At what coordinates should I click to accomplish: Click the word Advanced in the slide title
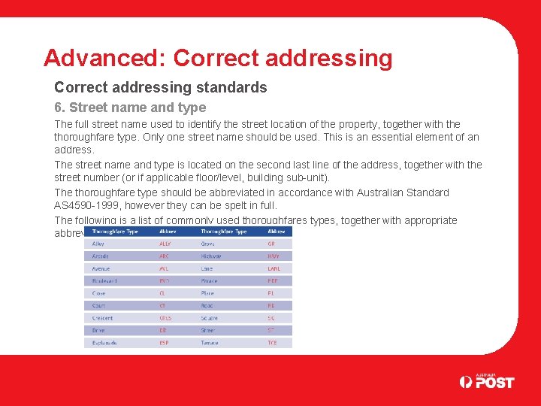tap(104, 58)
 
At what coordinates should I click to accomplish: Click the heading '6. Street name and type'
tap(130, 108)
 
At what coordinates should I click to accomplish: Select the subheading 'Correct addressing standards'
tap(161, 87)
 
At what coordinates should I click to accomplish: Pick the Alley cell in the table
tap(98, 244)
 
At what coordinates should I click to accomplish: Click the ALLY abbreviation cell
tap(165, 244)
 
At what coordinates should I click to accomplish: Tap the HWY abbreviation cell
tap(274, 256)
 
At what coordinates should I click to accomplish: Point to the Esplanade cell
tap(104, 343)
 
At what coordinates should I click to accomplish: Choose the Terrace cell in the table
tap(210, 343)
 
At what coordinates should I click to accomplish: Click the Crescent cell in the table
tap(102, 318)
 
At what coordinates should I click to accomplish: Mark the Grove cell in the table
tap(208, 244)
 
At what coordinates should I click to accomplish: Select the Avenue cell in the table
tap(101, 268)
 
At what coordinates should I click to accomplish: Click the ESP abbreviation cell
tap(164, 343)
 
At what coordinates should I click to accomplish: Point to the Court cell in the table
tap(98, 306)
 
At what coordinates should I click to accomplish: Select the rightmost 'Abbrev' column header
tap(276, 232)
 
